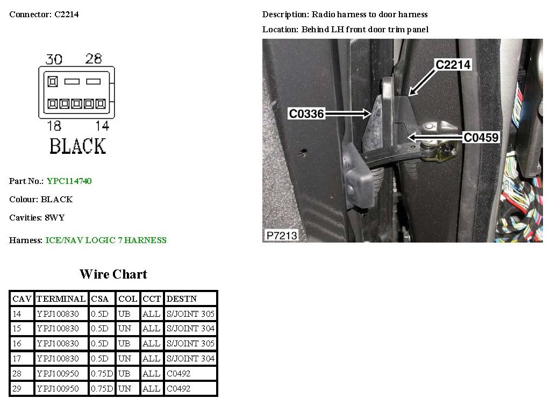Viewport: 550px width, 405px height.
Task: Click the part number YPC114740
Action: click(69, 181)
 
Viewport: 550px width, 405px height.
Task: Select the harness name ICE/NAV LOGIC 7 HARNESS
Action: click(106, 240)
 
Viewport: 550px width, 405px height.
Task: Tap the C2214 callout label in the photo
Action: click(453, 65)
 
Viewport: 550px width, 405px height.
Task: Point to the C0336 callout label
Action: click(306, 113)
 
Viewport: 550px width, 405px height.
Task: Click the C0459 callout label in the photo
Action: click(481, 138)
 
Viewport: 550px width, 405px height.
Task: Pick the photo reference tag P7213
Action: click(281, 235)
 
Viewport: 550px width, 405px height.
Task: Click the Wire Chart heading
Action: click(113, 274)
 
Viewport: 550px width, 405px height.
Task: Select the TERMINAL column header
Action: click(61, 299)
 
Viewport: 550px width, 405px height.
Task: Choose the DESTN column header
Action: click(182, 299)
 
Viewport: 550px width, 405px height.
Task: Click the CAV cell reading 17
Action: click(17, 358)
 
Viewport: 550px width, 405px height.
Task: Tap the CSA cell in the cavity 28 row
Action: click(102, 373)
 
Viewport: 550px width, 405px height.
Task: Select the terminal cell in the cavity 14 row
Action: click(58, 314)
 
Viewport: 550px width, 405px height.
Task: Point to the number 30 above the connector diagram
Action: click(54, 59)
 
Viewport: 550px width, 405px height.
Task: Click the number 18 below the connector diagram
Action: click(54, 126)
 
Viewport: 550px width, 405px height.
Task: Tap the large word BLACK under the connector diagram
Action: click(77, 146)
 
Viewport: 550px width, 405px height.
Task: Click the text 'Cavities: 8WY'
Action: click(37, 218)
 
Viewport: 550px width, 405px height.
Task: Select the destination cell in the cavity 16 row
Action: click(190, 343)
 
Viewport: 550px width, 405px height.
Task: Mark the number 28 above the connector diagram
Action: click(94, 59)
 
